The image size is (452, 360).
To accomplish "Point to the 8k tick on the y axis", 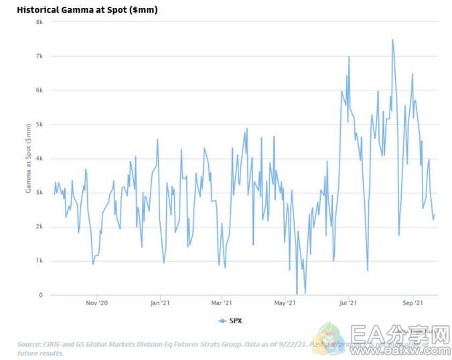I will click(x=40, y=21).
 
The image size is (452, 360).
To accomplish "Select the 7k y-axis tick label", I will click(x=40, y=56).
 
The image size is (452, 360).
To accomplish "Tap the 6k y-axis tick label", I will click(x=40, y=90).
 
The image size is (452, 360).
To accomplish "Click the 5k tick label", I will click(x=40, y=124).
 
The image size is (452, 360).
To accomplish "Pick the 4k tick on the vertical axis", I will click(x=40, y=159).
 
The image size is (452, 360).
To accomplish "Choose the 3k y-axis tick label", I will click(x=40, y=193).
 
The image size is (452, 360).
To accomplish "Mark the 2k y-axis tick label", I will click(x=40, y=227).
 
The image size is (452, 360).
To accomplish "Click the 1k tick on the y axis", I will click(x=40, y=261).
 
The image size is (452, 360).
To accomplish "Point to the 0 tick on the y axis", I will click(x=41, y=295).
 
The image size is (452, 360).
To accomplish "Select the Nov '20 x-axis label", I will click(x=97, y=303).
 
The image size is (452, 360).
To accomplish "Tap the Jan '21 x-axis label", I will click(x=160, y=303).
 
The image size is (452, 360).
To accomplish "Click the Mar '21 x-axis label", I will click(x=222, y=303).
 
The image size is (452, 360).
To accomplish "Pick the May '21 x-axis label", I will click(x=285, y=303).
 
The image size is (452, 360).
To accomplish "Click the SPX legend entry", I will click(x=230, y=322).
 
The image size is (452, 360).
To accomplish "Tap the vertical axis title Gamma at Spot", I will click(x=29, y=158).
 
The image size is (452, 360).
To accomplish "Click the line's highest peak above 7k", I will click(x=392, y=39).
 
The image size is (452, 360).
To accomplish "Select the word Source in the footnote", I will click(x=31, y=345).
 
